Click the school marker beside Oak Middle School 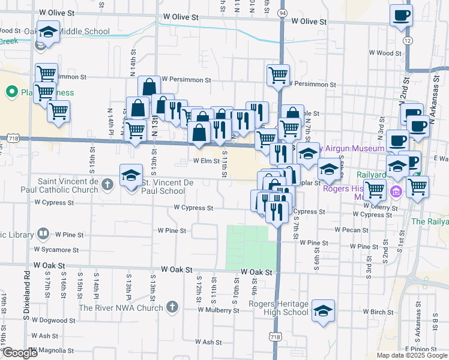pyautogui.click(x=48, y=32)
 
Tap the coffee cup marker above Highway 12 pyautogui.click(x=401, y=16)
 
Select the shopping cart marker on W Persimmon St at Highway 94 pyautogui.click(x=278, y=75)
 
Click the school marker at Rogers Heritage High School pyautogui.click(x=324, y=310)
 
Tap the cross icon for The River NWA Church pyautogui.click(x=172, y=307)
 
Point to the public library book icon pyautogui.click(x=43, y=233)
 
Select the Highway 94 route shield pyautogui.click(x=282, y=12)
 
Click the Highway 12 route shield pyautogui.click(x=408, y=41)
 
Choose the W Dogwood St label pyautogui.click(x=53, y=320)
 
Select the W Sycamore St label pyautogui.click(x=56, y=249)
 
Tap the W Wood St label pyautogui.click(x=385, y=53)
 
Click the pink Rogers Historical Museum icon pyautogui.click(x=396, y=192)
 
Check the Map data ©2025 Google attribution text pyautogui.click(x=411, y=355)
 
